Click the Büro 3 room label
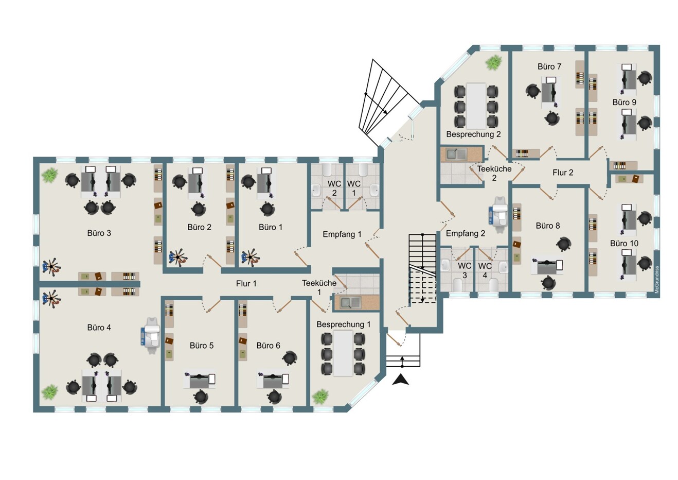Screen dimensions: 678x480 pos(99,233)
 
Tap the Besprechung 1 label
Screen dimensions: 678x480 pos(343,324)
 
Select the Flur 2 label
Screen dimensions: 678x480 pos(563,173)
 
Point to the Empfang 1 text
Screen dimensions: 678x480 pos(342,234)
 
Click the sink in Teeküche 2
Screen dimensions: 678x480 pos(456,154)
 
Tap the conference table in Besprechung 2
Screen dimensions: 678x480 pos(476,106)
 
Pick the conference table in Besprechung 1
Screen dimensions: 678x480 pos(343,353)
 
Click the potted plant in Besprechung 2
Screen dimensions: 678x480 pos(494,62)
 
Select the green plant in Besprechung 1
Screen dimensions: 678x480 pos(320,397)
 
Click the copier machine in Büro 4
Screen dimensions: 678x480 pos(151,335)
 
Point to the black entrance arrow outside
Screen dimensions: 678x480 pos(400,380)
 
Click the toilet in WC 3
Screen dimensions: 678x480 pos(457,285)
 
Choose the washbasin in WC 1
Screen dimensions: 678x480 pos(374,191)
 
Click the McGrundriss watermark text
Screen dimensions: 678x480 pos(656,280)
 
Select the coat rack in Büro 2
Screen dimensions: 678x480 pos(178,258)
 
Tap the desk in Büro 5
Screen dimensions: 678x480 pos(200,380)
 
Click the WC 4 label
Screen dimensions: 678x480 pos(485,270)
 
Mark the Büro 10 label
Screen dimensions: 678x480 pos(624,243)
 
